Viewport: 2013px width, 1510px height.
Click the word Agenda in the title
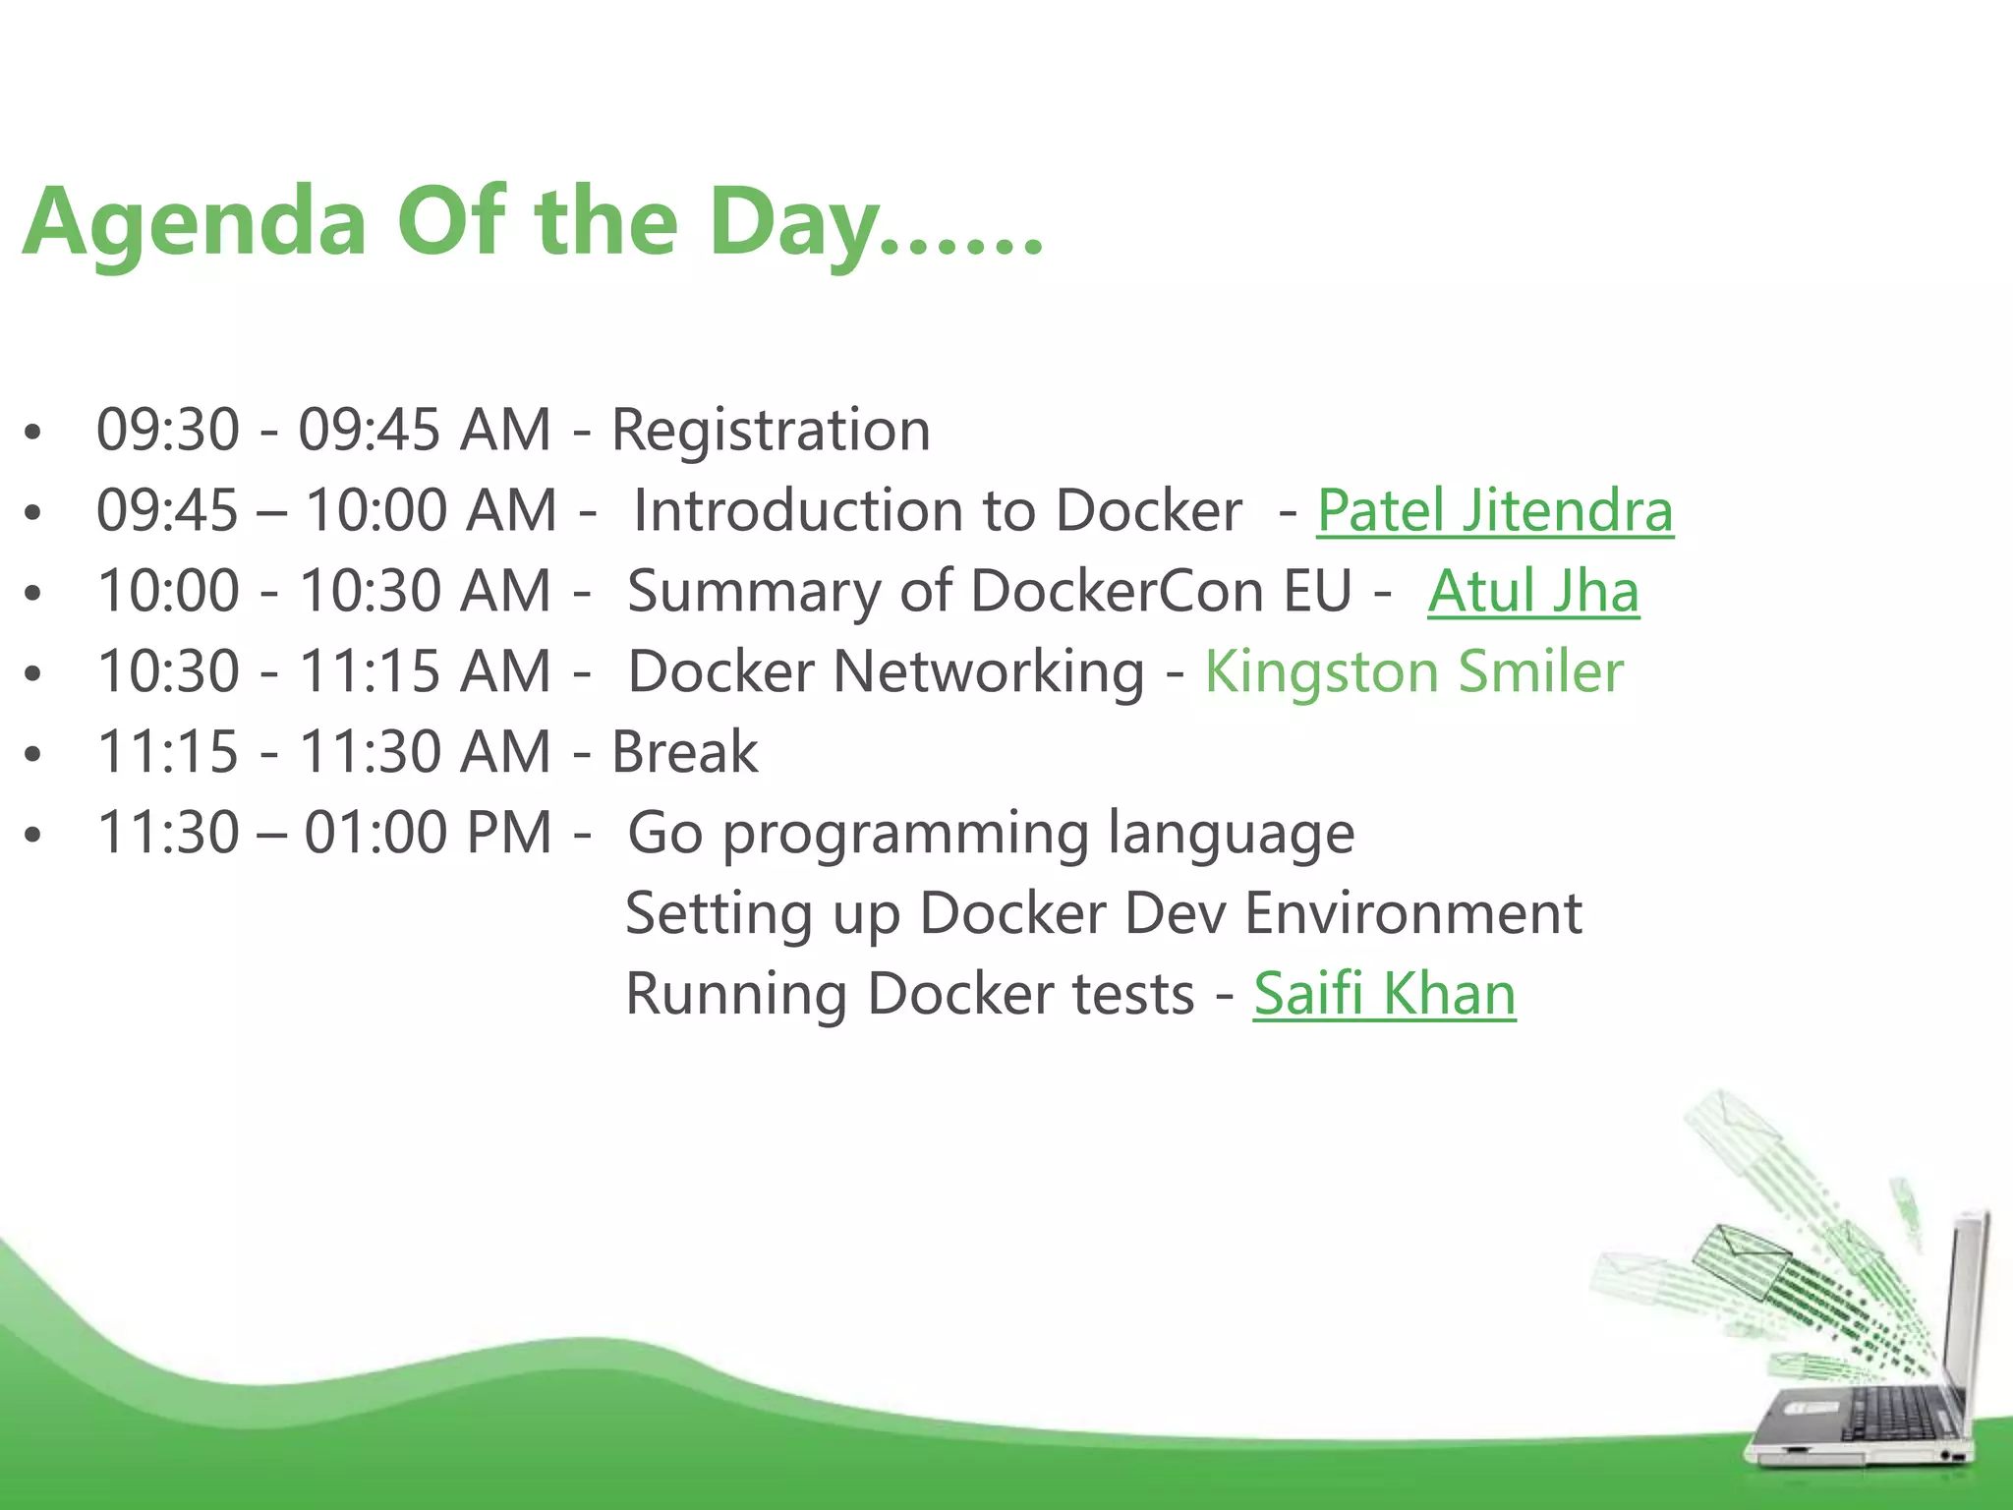pyautogui.click(x=195, y=224)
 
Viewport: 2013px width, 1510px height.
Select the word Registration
pyautogui.click(x=771, y=431)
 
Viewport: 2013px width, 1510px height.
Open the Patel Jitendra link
pyautogui.click(x=1494, y=511)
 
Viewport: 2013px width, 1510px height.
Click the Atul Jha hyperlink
pyautogui.click(x=1533, y=592)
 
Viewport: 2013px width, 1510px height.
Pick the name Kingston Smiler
pyautogui.click(x=1413, y=672)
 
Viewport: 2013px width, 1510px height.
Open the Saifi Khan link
pyautogui.click(x=1384, y=994)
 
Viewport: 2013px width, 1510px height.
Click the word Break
pyautogui.click(x=684, y=753)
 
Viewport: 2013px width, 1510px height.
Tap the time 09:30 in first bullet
pyautogui.click(x=168, y=431)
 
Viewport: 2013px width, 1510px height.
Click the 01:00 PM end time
pyautogui.click(x=427, y=834)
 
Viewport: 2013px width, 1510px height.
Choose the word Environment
pyautogui.click(x=1412, y=914)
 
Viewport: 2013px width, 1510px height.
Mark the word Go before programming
pyautogui.click(x=664, y=834)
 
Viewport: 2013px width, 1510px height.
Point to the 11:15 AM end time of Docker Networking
pyautogui.click(x=424, y=672)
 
